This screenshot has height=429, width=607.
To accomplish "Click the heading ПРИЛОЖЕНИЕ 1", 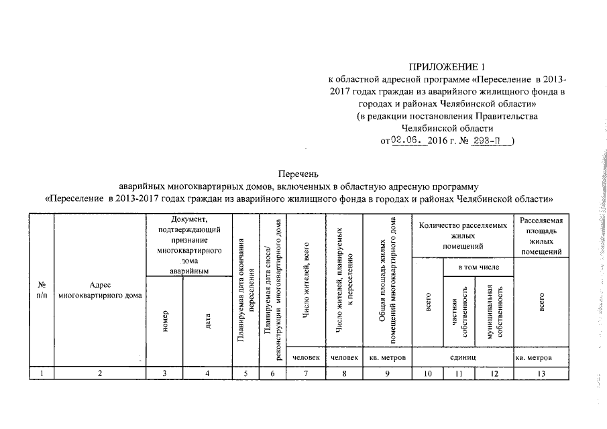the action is tap(445, 67).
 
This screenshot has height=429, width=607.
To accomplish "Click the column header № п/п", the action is tap(42, 290).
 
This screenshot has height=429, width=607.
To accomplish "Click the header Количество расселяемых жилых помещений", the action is tap(462, 237).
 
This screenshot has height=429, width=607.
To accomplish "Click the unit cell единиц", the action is tap(462, 357).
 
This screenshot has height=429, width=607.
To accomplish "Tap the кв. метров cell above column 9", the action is tap(388, 357).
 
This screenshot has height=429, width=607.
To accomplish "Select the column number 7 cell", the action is tap(306, 373).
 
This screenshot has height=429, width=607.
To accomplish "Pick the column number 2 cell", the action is tap(100, 373).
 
